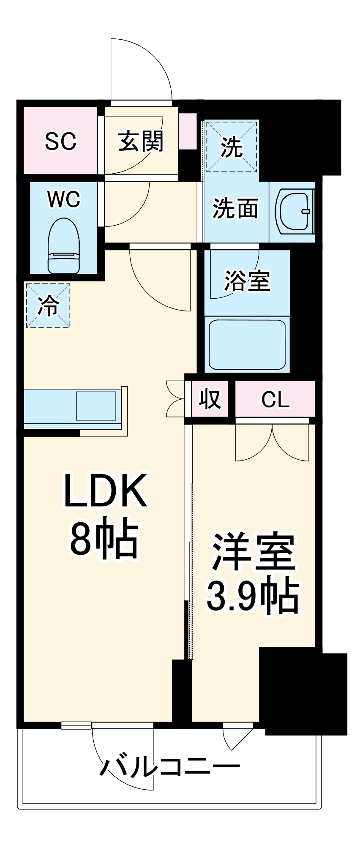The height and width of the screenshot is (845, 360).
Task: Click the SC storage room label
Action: tap(60, 141)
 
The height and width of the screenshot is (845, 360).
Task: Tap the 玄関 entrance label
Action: tap(141, 141)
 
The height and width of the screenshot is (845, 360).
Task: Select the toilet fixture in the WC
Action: tap(64, 246)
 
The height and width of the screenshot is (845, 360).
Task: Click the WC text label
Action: tap(64, 199)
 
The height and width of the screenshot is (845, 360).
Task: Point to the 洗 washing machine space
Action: tap(232, 146)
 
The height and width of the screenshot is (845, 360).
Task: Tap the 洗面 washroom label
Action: tap(235, 208)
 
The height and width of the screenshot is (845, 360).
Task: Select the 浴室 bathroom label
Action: tap(247, 280)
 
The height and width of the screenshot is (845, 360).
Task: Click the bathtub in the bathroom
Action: tap(248, 344)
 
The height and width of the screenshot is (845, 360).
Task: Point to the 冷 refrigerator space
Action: tap(48, 305)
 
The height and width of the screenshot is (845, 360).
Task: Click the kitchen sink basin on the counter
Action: tap(96, 406)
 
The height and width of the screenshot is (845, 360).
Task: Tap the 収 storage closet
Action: tap(210, 398)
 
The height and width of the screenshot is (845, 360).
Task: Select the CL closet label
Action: tap(275, 399)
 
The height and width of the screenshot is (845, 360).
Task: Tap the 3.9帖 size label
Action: tap(253, 596)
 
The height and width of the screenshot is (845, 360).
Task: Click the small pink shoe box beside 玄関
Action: tap(188, 131)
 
